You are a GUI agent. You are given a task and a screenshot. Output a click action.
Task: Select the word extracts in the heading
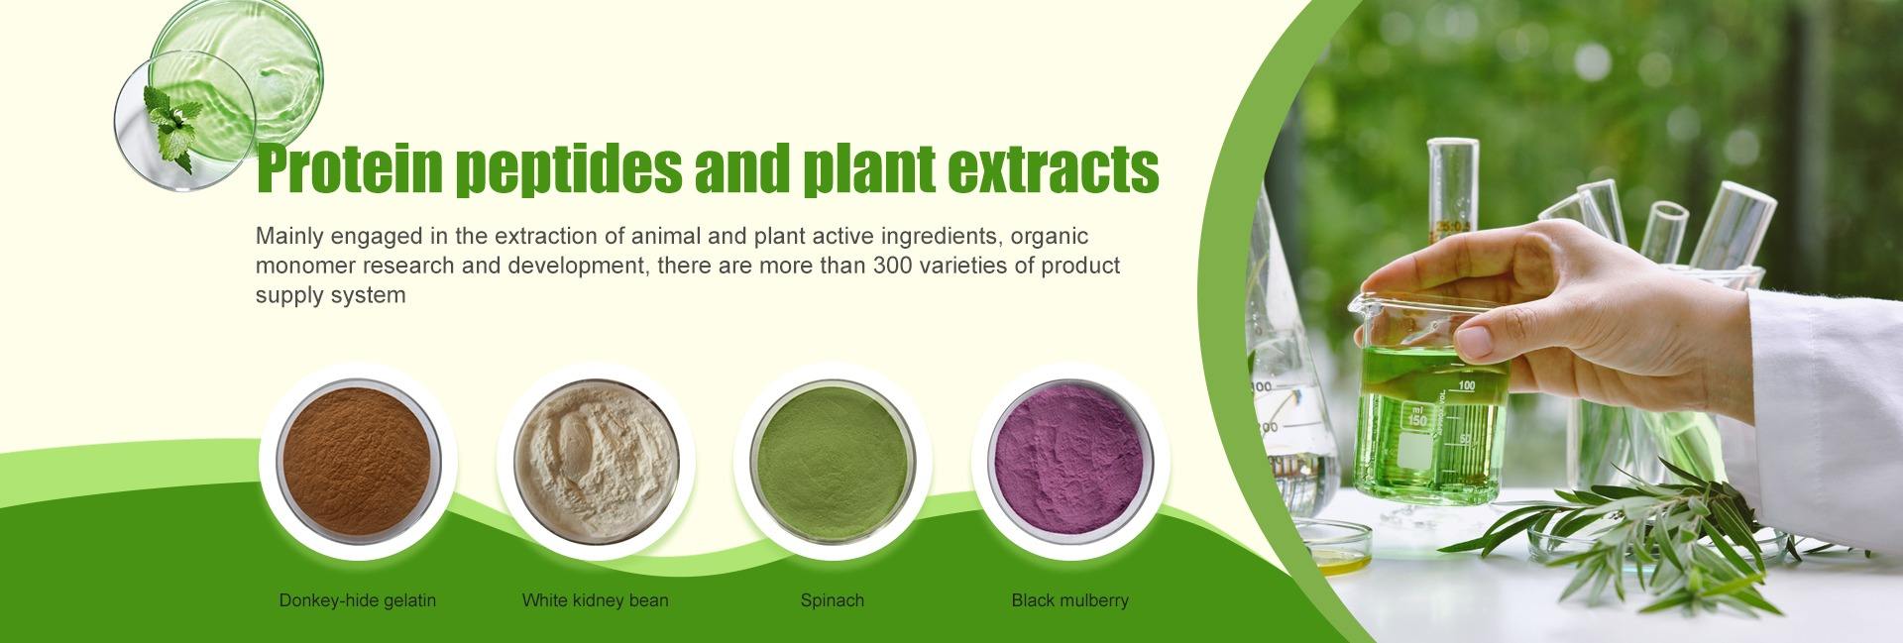(1054, 170)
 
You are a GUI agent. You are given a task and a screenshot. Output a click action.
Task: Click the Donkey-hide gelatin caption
(358, 600)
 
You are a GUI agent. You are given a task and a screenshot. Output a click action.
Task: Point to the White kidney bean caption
(596, 600)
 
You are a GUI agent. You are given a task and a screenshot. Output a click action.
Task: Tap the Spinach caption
(833, 600)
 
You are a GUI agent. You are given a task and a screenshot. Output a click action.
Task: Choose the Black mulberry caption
(1070, 600)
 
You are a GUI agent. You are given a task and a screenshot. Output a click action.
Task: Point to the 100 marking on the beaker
(1467, 385)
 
